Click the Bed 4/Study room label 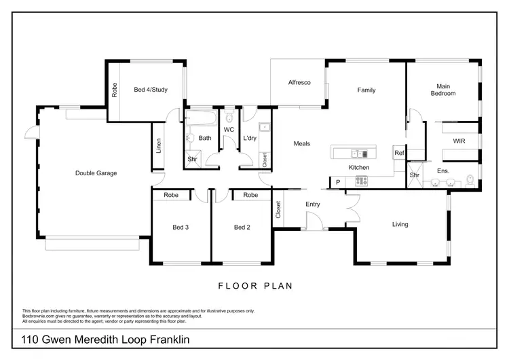[151, 90]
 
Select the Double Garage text [96, 173]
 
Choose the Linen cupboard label [158, 145]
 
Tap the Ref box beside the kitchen [399, 154]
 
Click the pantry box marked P [337, 182]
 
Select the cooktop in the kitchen [360, 181]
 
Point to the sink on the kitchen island [354, 151]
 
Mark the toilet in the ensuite [470, 181]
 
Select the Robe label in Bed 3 [170, 195]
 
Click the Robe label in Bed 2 [250, 195]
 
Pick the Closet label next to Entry [278, 210]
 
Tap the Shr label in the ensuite [414, 175]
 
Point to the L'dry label [250, 139]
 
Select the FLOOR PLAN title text [254, 286]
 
